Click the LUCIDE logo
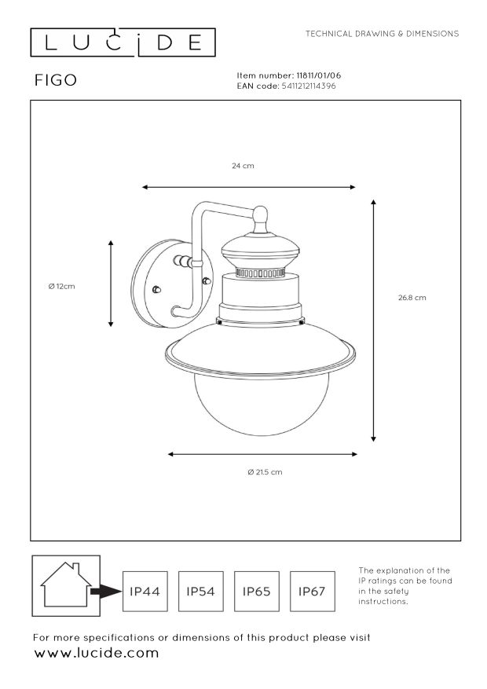point(123,42)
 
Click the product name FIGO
point(56,80)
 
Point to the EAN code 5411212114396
point(308,86)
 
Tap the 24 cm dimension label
point(243,166)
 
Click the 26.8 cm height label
point(412,298)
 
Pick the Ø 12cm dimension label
point(61,287)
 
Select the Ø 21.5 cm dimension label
point(265,472)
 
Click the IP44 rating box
point(145,591)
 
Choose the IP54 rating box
point(200,591)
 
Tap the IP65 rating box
point(256,591)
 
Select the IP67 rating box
point(312,591)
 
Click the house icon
point(66,585)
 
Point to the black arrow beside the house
point(106,592)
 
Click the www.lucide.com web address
point(96,653)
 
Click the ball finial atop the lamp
point(261,214)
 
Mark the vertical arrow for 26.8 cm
point(373,321)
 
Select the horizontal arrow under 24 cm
point(248,187)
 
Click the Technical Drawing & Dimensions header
point(382,34)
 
